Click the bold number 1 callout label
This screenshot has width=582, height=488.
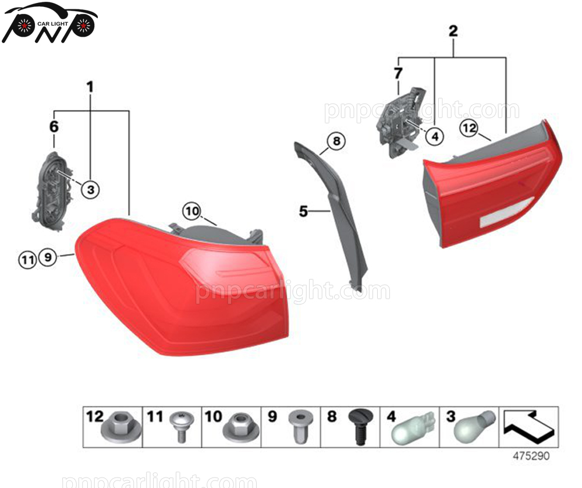click(x=90, y=87)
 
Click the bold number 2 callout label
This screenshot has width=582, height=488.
click(x=453, y=31)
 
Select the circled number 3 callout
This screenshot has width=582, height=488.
click(x=90, y=189)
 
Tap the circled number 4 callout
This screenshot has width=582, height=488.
click(x=434, y=136)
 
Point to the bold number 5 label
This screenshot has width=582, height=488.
click(x=303, y=211)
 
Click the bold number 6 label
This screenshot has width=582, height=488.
click(x=54, y=126)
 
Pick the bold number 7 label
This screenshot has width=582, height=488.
click(x=398, y=74)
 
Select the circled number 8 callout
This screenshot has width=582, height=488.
click(x=336, y=140)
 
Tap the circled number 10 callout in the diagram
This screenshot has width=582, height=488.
click(x=191, y=210)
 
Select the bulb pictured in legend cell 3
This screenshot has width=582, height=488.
click(x=475, y=426)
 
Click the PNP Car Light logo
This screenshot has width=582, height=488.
click(x=49, y=23)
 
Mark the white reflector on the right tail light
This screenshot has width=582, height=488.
click(x=506, y=213)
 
